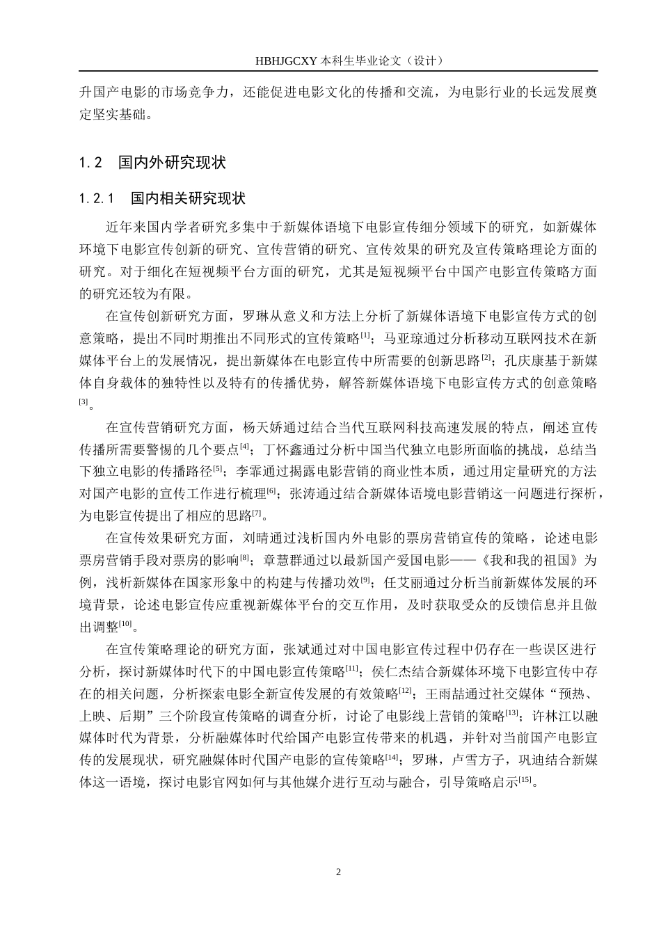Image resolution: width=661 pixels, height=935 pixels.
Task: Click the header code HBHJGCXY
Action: click(x=287, y=61)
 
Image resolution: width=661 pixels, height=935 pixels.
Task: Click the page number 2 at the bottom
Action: click(x=338, y=872)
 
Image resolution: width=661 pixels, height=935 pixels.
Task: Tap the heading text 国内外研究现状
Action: click(x=172, y=163)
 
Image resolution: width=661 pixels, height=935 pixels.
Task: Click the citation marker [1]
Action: click(x=365, y=335)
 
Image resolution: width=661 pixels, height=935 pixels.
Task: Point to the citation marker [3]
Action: click(x=83, y=401)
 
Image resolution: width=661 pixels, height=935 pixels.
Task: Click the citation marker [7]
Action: click(x=257, y=513)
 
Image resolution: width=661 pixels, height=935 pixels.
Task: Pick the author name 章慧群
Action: click(x=283, y=560)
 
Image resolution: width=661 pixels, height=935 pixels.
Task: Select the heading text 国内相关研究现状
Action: click(x=188, y=199)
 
